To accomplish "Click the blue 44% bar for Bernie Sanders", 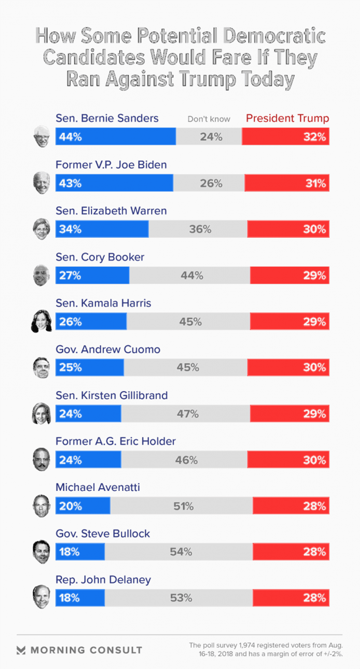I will pos(115,137).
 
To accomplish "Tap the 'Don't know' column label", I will pos(209,119).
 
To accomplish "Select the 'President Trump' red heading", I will pos(287,118).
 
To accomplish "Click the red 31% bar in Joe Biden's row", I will pos(287,183).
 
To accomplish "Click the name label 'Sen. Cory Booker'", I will pos(100,257).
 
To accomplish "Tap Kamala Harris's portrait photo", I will pos(42,321).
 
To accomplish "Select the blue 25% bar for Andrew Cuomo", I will pos(90,367).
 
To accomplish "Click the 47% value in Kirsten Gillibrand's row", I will pos(188,414).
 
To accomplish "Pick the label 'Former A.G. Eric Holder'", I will pos(115,441).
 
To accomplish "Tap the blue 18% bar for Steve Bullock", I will pos(80,552).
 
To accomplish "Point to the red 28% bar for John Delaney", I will pos(291,598).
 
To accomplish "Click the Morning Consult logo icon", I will pos(21,650).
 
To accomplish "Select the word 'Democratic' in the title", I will pos(274,36).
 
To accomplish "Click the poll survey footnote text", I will pos(266,650).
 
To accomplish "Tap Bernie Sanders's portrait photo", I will pos(42,136).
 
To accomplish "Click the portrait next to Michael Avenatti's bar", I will pos(41,506).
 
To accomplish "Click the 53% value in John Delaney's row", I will pos(181,598).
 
